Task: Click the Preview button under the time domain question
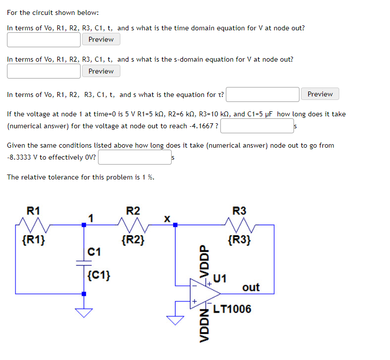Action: coord(101,40)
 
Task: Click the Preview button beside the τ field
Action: coord(320,94)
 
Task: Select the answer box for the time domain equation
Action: coord(44,40)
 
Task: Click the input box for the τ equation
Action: coord(263,94)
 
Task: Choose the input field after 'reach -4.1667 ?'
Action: coord(257,126)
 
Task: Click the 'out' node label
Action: coord(251,287)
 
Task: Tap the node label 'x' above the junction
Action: coord(168,218)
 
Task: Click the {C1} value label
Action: coord(98,274)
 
